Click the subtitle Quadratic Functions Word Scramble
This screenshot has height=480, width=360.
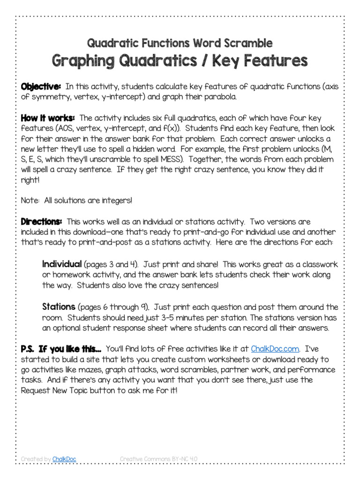180,44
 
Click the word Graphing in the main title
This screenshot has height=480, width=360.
85,60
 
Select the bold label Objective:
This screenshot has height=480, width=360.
41,87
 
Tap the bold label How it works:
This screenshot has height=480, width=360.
47,118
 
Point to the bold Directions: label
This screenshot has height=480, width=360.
41,221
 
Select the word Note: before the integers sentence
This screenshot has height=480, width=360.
30,200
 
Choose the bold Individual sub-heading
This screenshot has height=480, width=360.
62,263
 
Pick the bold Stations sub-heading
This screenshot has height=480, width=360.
59,307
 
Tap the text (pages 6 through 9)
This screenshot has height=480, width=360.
114,307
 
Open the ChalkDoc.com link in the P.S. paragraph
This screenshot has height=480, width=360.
275,349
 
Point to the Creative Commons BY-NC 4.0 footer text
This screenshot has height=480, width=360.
160,459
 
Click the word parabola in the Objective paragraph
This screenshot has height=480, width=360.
220,97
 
